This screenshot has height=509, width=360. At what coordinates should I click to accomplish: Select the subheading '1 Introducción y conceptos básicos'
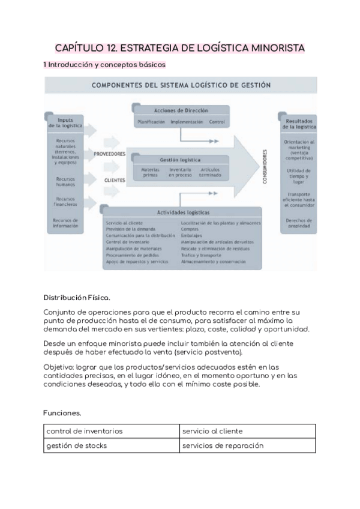pos(104,64)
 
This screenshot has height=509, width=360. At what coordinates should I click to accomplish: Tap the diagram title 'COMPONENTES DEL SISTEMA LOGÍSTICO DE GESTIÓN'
pos(180,85)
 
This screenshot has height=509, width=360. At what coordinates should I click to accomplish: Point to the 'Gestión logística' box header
pos(180,160)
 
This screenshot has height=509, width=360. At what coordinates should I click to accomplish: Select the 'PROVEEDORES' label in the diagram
pos(109,154)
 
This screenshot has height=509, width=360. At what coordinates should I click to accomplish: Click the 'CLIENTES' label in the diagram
pos(114,179)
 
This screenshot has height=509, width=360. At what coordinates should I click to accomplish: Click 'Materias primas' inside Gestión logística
pos(150,172)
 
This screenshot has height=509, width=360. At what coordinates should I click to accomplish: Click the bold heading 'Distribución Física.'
pos(77,297)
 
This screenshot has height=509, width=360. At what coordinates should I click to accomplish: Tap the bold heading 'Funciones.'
pos(62,414)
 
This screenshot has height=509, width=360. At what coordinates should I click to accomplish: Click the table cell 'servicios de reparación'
pos(223,445)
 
